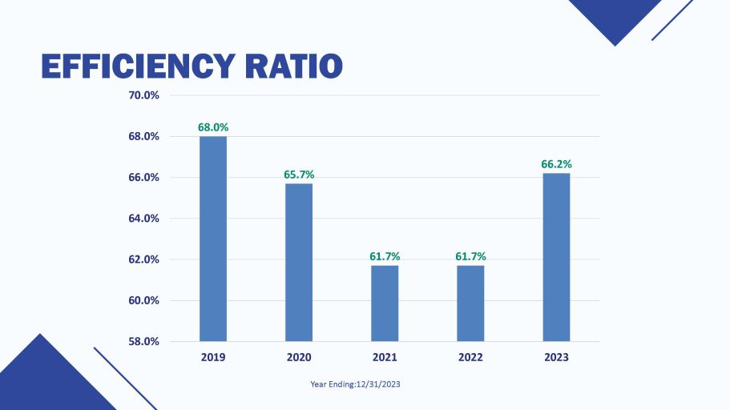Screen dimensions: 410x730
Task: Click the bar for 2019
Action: tap(213, 239)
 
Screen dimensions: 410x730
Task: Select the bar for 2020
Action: tap(299, 263)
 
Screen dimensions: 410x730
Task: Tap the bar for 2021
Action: tap(385, 303)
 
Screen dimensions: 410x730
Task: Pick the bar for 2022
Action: tap(470, 303)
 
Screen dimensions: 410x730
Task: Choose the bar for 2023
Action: tap(556, 257)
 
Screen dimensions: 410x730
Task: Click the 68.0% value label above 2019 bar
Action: tap(213, 127)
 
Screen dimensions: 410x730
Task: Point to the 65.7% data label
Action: tap(299, 174)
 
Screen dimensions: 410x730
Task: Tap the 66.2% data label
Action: tap(556, 163)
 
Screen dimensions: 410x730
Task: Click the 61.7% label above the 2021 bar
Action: tap(385, 256)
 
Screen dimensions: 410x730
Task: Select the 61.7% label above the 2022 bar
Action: tap(470, 256)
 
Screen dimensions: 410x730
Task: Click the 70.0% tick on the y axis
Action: tap(144, 95)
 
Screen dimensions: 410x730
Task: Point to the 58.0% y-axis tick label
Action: tap(144, 342)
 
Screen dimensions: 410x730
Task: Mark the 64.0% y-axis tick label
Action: tap(144, 219)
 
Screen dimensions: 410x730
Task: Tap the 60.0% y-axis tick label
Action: tap(144, 301)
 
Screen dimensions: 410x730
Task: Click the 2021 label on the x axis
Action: tap(385, 357)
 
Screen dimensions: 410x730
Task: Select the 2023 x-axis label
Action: tap(556, 357)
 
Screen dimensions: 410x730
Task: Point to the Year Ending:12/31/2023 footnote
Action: tap(355, 384)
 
